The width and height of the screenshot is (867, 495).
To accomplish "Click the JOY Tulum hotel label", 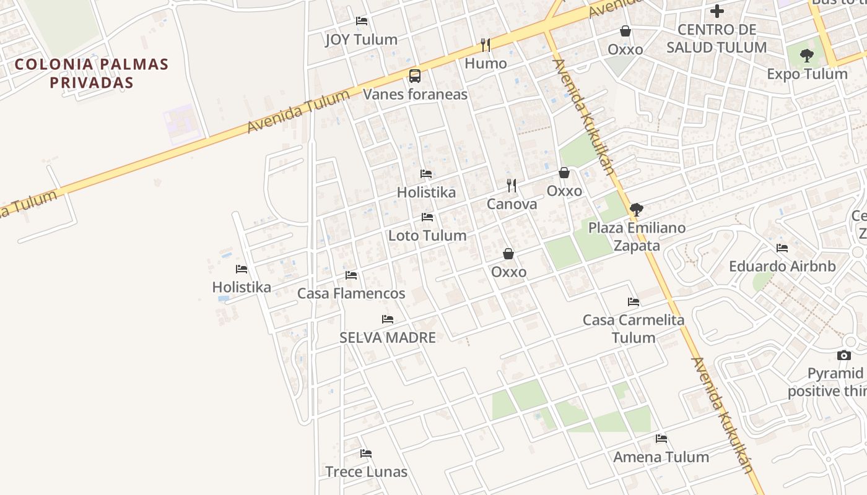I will (361, 40).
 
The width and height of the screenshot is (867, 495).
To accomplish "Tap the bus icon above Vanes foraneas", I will (415, 76).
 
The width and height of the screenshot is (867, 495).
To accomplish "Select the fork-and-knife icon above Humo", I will (486, 45).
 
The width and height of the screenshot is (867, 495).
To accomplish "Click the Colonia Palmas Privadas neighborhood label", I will (92, 73).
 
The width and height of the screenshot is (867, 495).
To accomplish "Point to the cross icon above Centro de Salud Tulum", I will (717, 11).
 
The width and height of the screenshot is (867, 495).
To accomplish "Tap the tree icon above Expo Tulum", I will (806, 56).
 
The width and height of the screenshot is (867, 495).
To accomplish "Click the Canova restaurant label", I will (512, 204).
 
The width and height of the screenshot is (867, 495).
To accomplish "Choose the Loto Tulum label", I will (427, 236).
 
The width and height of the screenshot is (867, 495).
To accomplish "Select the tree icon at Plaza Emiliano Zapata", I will (636, 209).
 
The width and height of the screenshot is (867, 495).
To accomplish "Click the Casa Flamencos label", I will (351, 293).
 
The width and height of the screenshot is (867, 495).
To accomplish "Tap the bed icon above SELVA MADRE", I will (388, 319).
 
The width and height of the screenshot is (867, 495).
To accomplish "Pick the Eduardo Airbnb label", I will (782, 267).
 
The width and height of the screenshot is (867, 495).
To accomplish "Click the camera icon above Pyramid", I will (843, 355).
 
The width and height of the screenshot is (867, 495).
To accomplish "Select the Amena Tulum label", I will (661, 457).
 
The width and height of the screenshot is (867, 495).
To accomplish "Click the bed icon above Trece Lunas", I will (366, 454).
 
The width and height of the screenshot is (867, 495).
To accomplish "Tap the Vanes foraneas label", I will (415, 95).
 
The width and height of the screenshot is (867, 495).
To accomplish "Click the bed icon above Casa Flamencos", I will (351, 275).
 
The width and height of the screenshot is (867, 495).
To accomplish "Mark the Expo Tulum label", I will (807, 74).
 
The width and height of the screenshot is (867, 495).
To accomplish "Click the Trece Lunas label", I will (367, 471).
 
